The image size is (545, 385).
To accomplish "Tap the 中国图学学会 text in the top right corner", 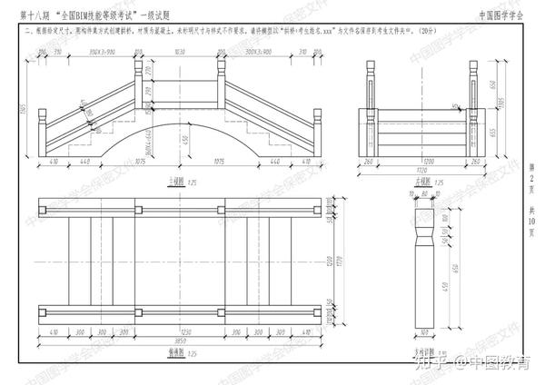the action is coord(501,15).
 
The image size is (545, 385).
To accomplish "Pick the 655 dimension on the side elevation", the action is coord(488,133).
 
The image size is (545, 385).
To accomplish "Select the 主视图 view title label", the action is coord(173,181).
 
